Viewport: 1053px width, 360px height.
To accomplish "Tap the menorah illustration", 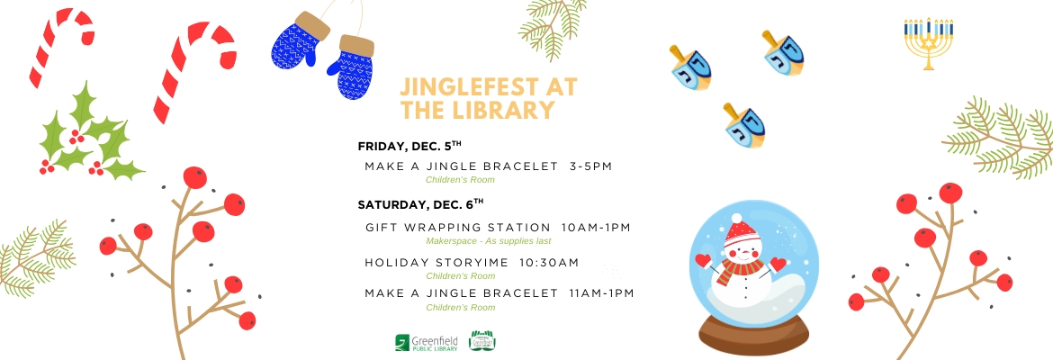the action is click(x=928, y=44).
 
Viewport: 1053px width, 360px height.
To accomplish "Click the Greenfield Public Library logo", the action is click(x=427, y=343).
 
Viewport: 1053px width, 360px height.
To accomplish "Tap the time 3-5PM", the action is click(x=591, y=166).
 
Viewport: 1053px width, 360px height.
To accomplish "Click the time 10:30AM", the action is click(x=549, y=263).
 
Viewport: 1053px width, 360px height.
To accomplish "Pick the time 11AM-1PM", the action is click(x=601, y=293).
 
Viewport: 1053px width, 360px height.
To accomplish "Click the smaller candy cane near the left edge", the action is click(x=60, y=46).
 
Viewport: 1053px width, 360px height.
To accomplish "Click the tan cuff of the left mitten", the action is click(x=312, y=25).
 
